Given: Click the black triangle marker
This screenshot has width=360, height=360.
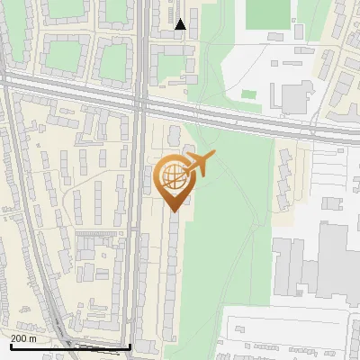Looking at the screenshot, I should (181, 24).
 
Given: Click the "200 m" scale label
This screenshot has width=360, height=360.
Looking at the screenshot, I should (23, 338).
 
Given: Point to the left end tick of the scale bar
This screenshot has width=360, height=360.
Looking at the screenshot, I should (11, 346).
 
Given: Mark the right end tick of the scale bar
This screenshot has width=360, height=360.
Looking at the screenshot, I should (130, 346).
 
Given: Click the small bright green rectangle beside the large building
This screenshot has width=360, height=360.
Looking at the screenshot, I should (249, 94).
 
